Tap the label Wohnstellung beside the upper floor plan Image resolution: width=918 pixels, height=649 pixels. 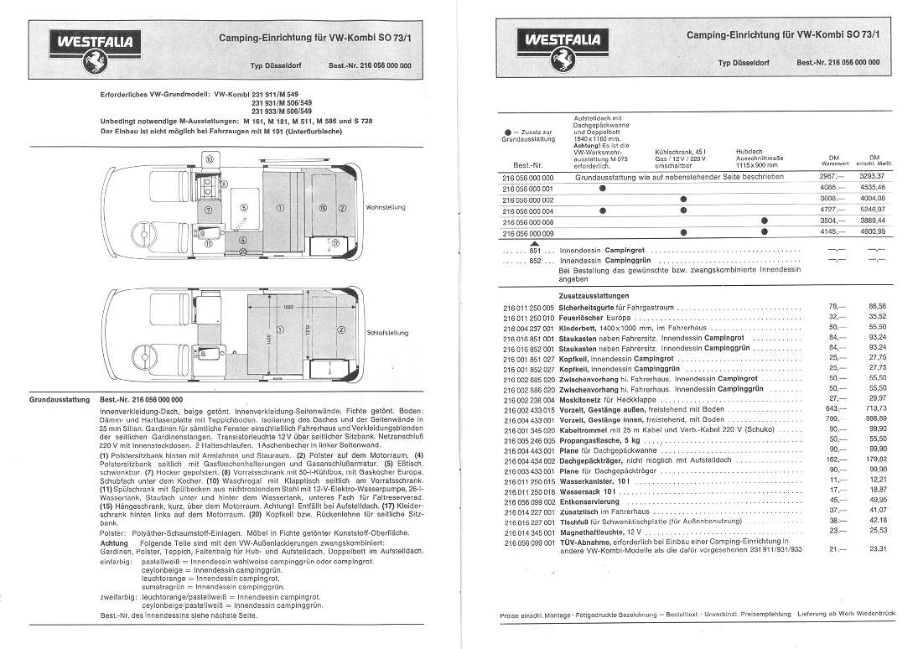(387, 207)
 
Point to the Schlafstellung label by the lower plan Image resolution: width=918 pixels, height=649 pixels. (387, 332)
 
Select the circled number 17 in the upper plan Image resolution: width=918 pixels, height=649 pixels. (335, 243)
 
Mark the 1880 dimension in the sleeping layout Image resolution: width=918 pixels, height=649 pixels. (288, 307)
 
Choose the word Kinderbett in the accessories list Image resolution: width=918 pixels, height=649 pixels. (578, 329)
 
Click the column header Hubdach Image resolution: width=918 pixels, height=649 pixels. (749, 150)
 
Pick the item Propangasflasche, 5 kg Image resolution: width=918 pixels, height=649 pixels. (599, 439)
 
